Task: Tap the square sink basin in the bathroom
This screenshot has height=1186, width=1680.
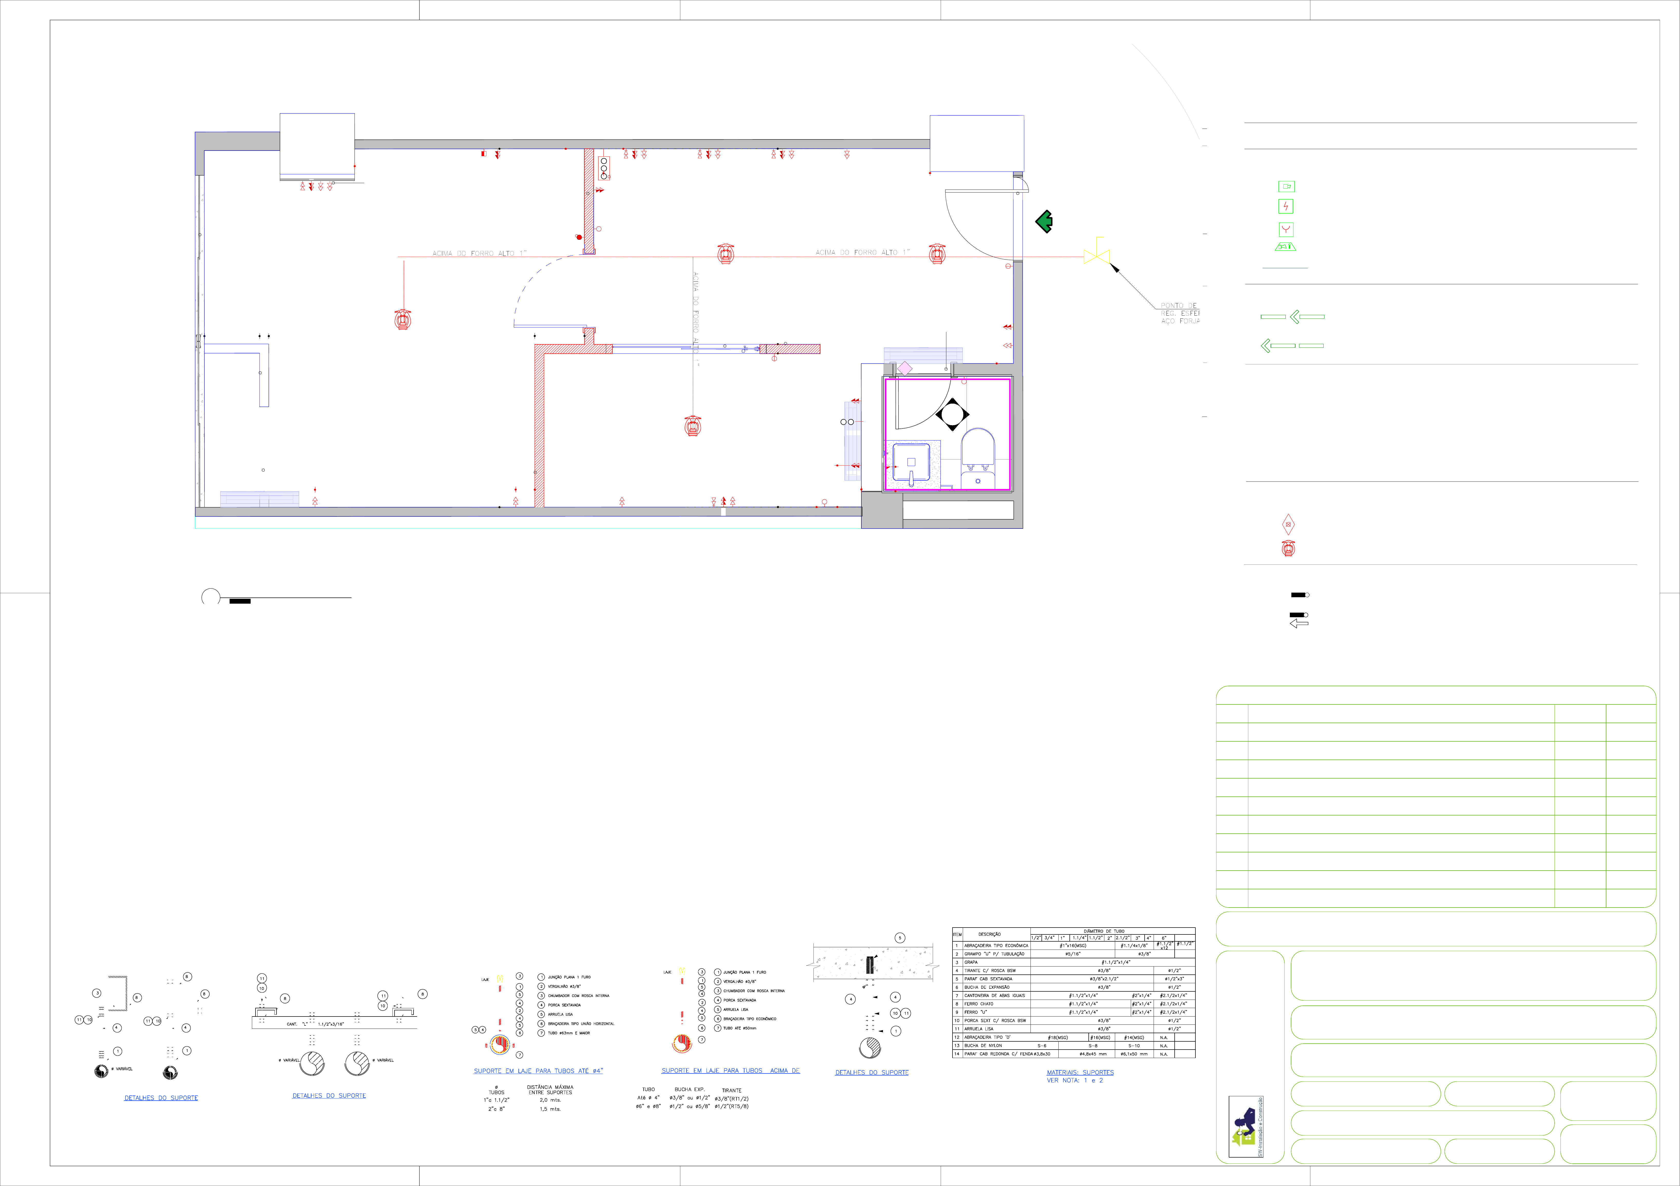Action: [x=911, y=462]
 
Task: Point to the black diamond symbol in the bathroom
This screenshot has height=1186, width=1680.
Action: [x=952, y=414]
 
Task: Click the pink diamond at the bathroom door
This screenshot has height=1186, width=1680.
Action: [x=905, y=368]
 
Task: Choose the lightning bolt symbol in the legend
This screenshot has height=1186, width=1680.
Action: [x=1286, y=206]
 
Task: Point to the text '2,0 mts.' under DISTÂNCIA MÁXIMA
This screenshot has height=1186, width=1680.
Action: [x=550, y=1100]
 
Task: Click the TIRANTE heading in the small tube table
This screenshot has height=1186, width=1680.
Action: [x=732, y=1090]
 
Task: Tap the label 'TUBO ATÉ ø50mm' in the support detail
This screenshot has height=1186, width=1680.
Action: [x=740, y=1028]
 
